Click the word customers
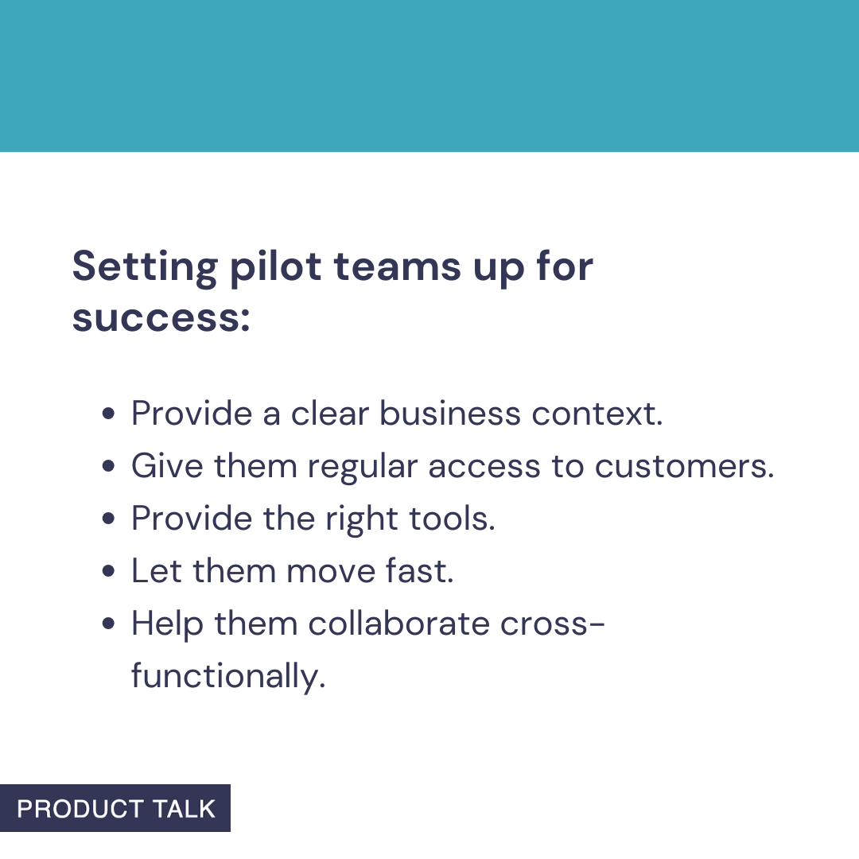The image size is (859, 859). [684, 467]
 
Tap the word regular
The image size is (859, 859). [363, 467]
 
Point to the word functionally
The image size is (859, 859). [228, 677]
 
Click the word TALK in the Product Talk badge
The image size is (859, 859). [185, 809]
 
